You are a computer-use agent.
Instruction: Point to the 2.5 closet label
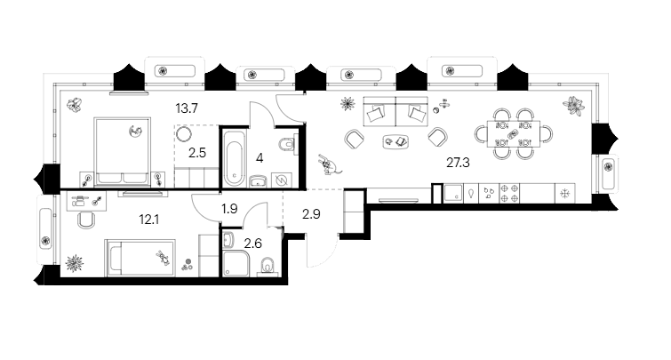click(x=196, y=153)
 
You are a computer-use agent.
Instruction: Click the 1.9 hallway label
click(x=229, y=210)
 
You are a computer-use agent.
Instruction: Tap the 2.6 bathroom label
click(x=252, y=242)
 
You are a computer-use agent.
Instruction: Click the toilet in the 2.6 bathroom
click(x=266, y=267)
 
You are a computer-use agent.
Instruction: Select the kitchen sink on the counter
click(x=452, y=193)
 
